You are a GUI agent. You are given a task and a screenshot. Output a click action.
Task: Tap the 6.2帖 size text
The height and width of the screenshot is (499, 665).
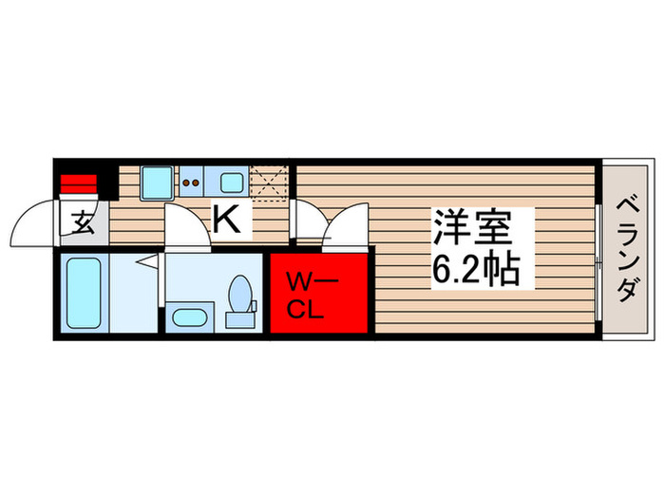(475, 271)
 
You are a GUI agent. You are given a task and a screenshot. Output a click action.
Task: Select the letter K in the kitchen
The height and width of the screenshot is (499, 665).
(225, 221)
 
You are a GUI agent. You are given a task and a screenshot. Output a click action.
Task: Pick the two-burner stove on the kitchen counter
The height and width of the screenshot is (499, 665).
(192, 181)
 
